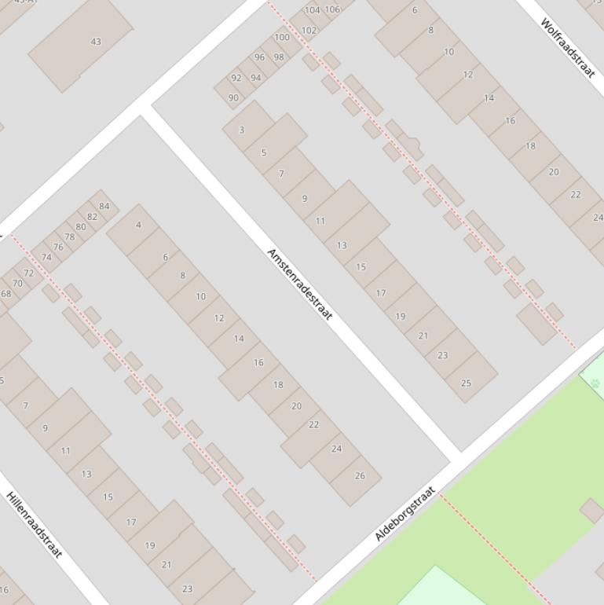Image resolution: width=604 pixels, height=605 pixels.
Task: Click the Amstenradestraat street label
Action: pyautogui.click(x=300, y=284)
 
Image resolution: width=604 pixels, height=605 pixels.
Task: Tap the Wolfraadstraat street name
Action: pyautogui.click(x=567, y=48)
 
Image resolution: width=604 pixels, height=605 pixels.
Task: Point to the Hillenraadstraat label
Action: pyautogui.click(x=34, y=525)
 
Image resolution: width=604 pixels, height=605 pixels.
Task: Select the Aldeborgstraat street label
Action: pyautogui.click(x=404, y=514)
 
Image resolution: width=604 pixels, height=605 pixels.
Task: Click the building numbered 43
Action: pyautogui.click(x=96, y=42)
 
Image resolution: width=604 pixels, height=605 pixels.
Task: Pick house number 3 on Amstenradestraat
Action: pyautogui.click(x=242, y=130)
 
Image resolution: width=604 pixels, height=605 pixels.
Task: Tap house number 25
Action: pyautogui.click(x=466, y=383)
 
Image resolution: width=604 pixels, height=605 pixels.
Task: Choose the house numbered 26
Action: pyautogui.click(x=360, y=475)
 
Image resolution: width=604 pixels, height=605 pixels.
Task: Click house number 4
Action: pyautogui.click(x=139, y=225)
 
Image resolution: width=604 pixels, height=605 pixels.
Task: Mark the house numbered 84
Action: pyautogui.click(x=104, y=207)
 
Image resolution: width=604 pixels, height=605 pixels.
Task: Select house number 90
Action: pyautogui.click(x=233, y=97)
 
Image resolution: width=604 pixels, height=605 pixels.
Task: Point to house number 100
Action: pyautogui.click(x=282, y=37)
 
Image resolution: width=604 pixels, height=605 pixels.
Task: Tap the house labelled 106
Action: pyautogui.click(x=332, y=9)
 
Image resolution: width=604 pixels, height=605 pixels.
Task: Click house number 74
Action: pyautogui.click(x=46, y=257)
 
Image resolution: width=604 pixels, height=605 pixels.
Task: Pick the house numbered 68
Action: pyautogui.click(x=6, y=294)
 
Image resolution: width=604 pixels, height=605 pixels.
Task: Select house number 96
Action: pyautogui.click(x=260, y=57)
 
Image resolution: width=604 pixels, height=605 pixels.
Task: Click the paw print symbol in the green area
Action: pyautogui.click(x=595, y=383)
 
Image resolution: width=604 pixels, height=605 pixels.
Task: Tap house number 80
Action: pyautogui.click(x=81, y=227)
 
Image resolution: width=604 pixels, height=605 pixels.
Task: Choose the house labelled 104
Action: pyautogui.click(x=313, y=10)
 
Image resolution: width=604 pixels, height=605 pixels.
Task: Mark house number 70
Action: pyautogui.click(x=17, y=283)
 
